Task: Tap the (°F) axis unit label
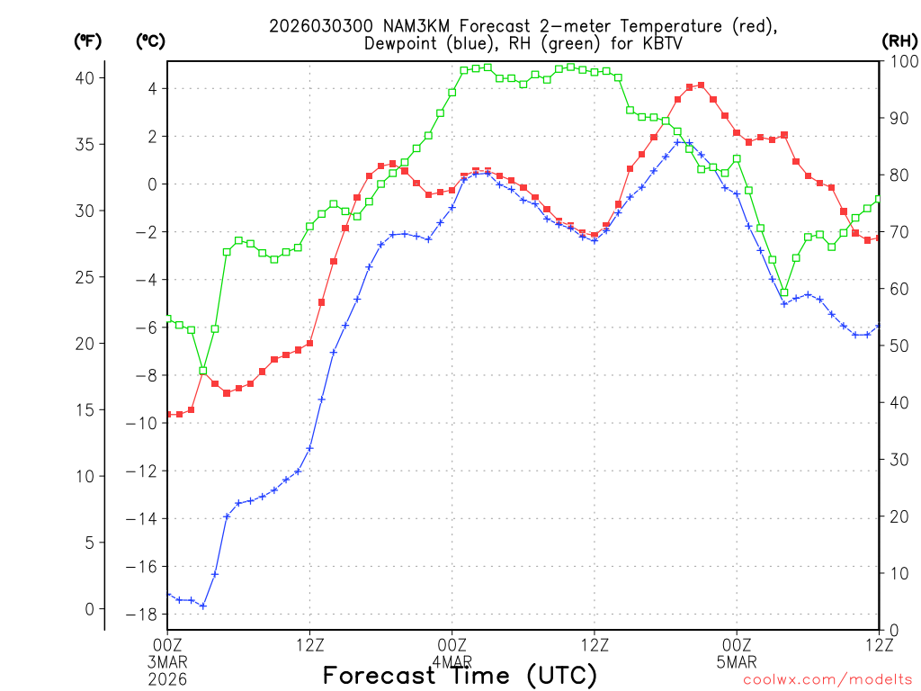[88, 40]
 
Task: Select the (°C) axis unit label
[150, 40]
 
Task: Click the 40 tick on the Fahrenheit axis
[85, 77]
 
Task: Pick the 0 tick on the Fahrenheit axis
[89, 609]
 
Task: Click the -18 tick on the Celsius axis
[143, 615]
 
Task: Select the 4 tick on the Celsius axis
[153, 88]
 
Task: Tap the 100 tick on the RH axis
[899, 61]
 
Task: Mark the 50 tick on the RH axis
[896, 345]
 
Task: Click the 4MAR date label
[452, 661]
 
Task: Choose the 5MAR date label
[737, 661]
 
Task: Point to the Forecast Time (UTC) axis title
[460, 676]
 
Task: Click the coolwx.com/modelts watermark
[827, 680]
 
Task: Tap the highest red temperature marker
[701, 85]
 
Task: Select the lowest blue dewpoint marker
[203, 606]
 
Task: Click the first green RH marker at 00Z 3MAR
[167, 318]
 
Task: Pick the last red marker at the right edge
[878, 238]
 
